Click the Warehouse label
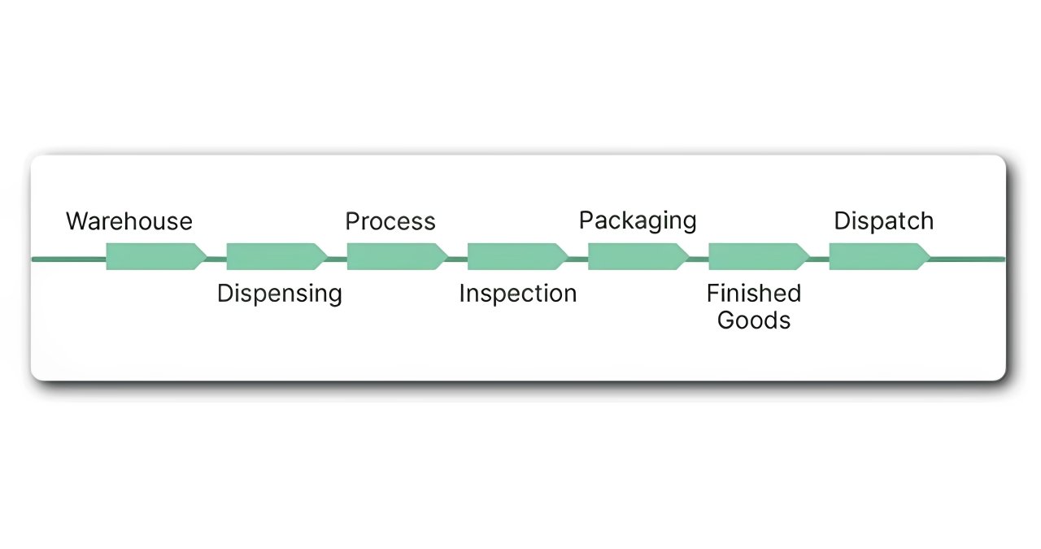[x=129, y=221]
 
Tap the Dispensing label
[x=279, y=294]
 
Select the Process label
[x=390, y=221]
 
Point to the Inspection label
[x=517, y=294]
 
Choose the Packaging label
[x=638, y=220]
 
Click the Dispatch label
[x=883, y=221]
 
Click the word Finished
[x=754, y=293]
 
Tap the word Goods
[x=754, y=320]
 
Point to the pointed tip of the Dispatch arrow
[x=928, y=257]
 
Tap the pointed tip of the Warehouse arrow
[x=205, y=257]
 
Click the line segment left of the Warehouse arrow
[x=68, y=259]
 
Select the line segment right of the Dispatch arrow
[x=968, y=259]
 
